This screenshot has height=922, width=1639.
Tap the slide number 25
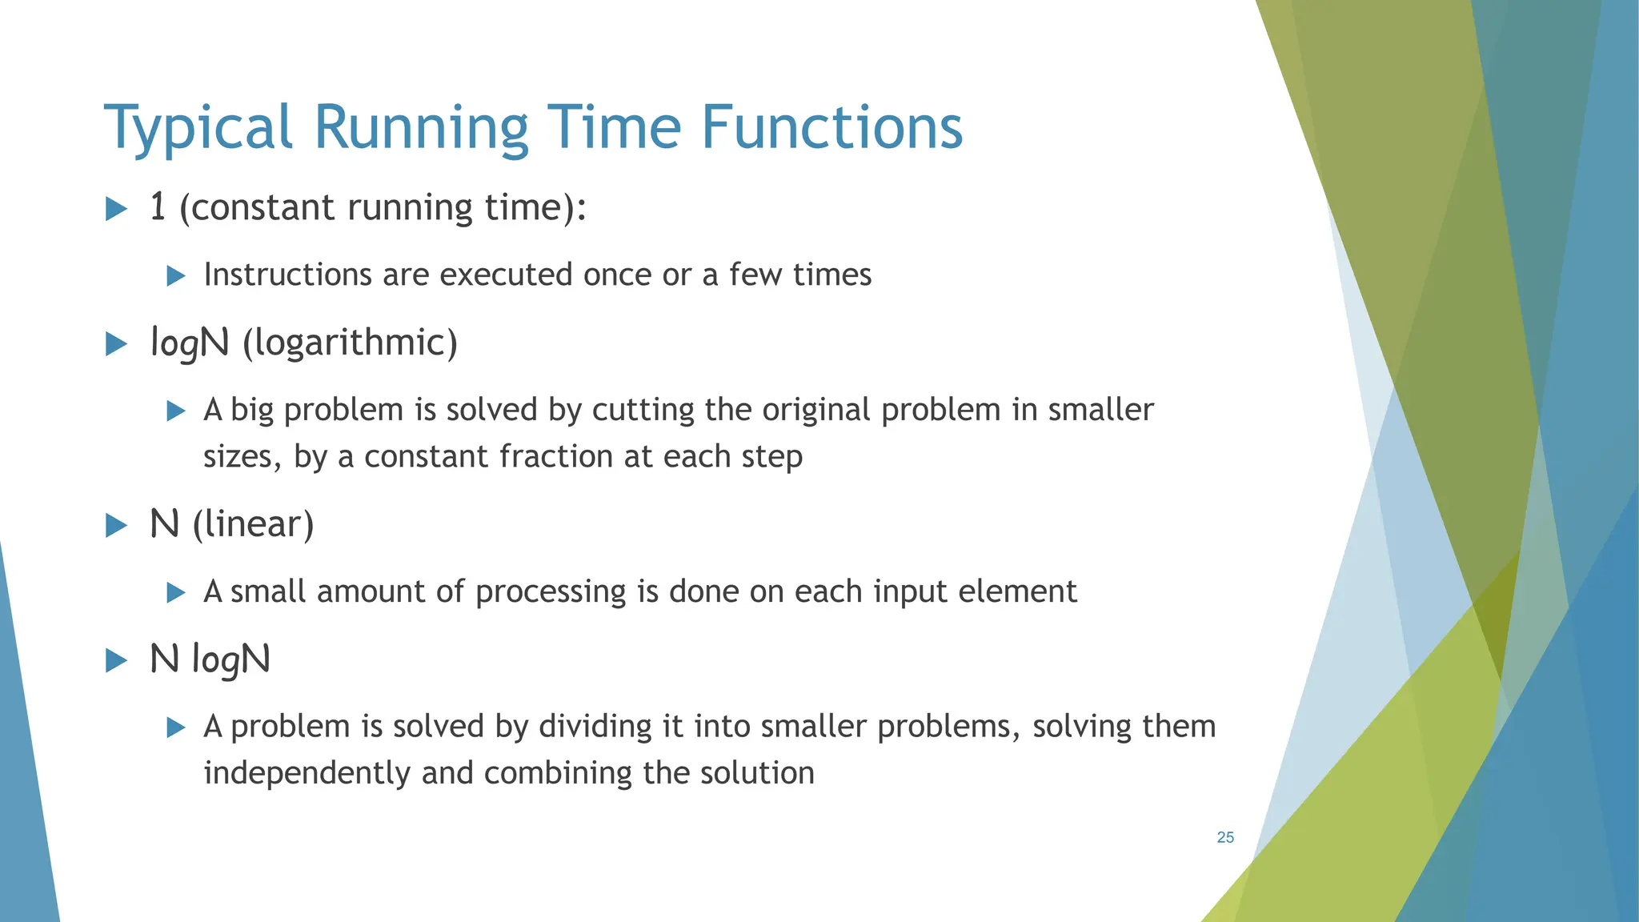pyautogui.click(x=1225, y=837)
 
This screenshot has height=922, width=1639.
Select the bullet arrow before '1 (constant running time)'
pyautogui.click(x=117, y=210)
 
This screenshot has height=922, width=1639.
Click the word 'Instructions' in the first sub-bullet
pyautogui.click(x=287, y=275)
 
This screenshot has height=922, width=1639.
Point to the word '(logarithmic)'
pyautogui.click(x=350, y=343)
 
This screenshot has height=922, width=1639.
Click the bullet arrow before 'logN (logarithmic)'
pyautogui.click(x=117, y=345)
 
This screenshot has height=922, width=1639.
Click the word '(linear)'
pyautogui.click(x=253, y=524)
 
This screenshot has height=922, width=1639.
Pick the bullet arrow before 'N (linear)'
pyautogui.click(x=117, y=526)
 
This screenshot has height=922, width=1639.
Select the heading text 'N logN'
pyautogui.click(x=210, y=659)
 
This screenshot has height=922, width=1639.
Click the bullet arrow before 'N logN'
pyautogui.click(x=117, y=661)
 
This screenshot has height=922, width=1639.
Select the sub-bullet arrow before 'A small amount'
pyautogui.click(x=176, y=593)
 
